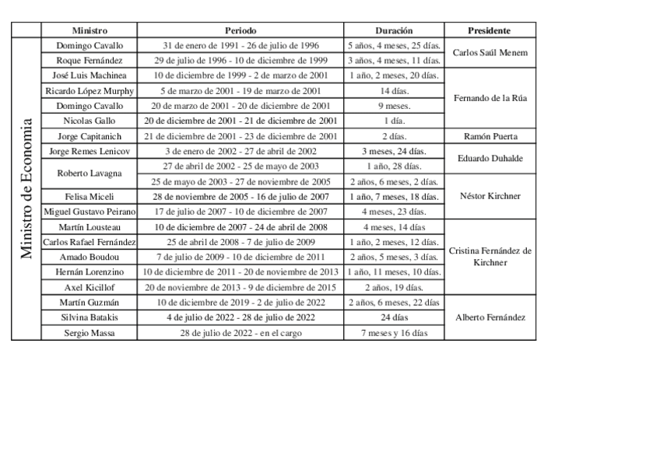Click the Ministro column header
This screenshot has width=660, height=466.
(x=90, y=30)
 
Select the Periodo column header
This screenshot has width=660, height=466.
(x=240, y=30)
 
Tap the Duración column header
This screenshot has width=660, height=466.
(x=394, y=30)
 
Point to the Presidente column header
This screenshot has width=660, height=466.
(x=490, y=30)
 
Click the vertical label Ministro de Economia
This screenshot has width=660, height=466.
(x=26, y=188)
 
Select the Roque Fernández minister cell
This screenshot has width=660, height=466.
(x=90, y=60)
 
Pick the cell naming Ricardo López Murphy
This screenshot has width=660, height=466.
(x=90, y=90)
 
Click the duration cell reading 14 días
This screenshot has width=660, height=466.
(x=394, y=90)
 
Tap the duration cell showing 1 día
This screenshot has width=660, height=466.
(x=394, y=121)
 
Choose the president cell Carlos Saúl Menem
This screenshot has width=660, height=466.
(x=490, y=53)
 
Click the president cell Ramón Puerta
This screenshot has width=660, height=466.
(x=490, y=136)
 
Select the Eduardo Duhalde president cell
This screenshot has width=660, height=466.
(x=490, y=159)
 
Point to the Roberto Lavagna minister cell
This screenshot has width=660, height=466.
(x=90, y=173)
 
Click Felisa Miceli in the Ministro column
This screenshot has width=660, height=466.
(x=90, y=196)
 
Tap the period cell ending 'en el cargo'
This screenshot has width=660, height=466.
(x=240, y=333)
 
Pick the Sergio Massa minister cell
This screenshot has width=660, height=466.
(x=90, y=333)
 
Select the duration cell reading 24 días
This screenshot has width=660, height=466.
(x=394, y=317)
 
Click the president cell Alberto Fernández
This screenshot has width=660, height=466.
(x=490, y=317)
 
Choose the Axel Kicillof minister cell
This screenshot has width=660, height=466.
(x=90, y=287)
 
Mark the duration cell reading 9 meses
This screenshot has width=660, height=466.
(x=394, y=106)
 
